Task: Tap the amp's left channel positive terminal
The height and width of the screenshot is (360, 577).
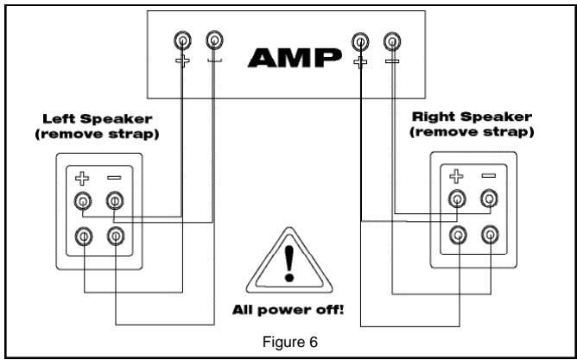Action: (x=182, y=40)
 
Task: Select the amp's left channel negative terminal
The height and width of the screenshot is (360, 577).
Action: (x=214, y=40)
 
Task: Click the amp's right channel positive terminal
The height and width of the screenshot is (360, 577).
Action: (x=359, y=40)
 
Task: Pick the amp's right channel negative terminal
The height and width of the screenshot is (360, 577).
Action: (x=391, y=40)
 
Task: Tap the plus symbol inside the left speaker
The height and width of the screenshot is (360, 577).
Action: (x=82, y=180)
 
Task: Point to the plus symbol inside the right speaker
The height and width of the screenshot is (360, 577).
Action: (x=457, y=176)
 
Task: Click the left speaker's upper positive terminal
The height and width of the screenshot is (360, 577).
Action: (x=82, y=202)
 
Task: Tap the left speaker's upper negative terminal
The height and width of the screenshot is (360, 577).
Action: (x=114, y=202)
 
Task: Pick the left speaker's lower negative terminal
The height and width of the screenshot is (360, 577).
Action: (x=114, y=234)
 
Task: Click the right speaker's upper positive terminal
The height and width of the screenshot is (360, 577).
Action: (x=457, y=199)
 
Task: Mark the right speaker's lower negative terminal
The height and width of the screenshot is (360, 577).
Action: (x=489, y=232)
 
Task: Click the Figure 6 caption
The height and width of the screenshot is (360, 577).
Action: (x=288, y=342)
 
